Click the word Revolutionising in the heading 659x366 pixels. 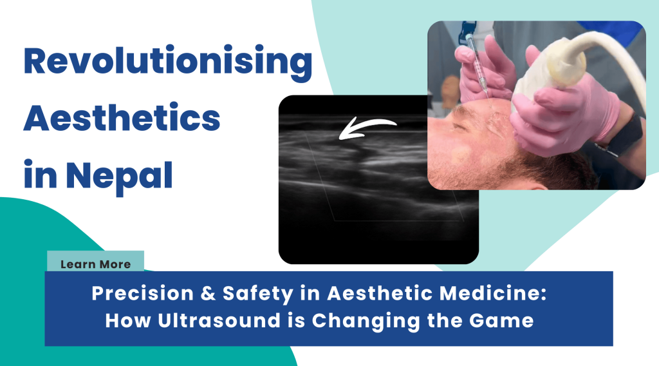168,63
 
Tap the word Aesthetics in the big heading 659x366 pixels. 122,117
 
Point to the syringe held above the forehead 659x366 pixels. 478,63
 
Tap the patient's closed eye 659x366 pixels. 459,127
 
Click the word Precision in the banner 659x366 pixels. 142,293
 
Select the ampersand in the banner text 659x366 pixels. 208,293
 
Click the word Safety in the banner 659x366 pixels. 258,294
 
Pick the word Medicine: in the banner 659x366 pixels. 492,293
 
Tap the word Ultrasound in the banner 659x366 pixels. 219,320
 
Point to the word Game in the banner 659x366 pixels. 501,321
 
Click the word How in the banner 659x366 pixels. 128,320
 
